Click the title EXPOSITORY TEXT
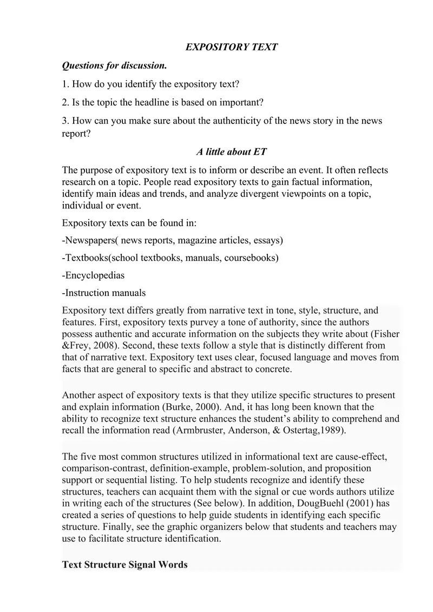232,47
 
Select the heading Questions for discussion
115,66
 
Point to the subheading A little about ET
231,152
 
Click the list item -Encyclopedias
94,275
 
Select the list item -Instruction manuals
104,293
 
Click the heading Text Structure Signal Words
125,565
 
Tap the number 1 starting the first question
64,84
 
